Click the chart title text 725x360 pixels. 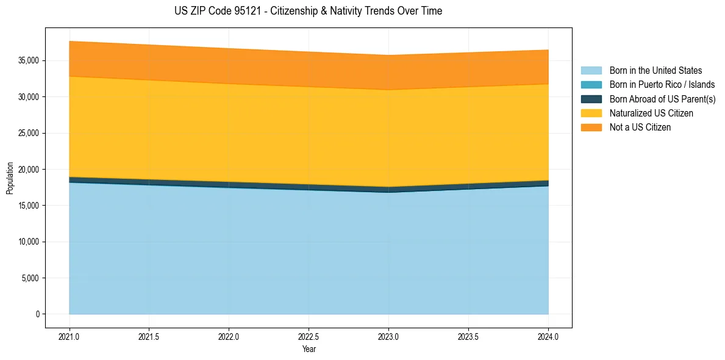pyautogui.click(x=308, y=11)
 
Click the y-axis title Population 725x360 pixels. pyautogui.click(x=10, y=178)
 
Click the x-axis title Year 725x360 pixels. pyautogui.click(x=309, y=349)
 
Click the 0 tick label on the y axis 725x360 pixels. pyautogui.click(x=37, y=314)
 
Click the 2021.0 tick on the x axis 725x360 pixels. pyautogui.click(x=69, y=336)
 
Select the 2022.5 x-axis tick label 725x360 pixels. pyautogui.click(x=309, y=336)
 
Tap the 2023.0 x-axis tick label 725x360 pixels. pyautogui.click(x=388, y=336)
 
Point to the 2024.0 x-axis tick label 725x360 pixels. pyautogui.click(x=548, y=336)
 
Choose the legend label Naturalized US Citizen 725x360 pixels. pyautogui.click(x=651, y=113)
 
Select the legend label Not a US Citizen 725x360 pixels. pyautogui.click(x=640, y=128)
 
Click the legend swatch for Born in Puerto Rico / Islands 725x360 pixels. pyautogui.click(x=591, y=85)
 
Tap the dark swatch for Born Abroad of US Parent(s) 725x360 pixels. pyautogui.click(x=591, y=99)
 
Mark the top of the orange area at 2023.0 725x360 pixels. pyautogui.click(x=388, y=56)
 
